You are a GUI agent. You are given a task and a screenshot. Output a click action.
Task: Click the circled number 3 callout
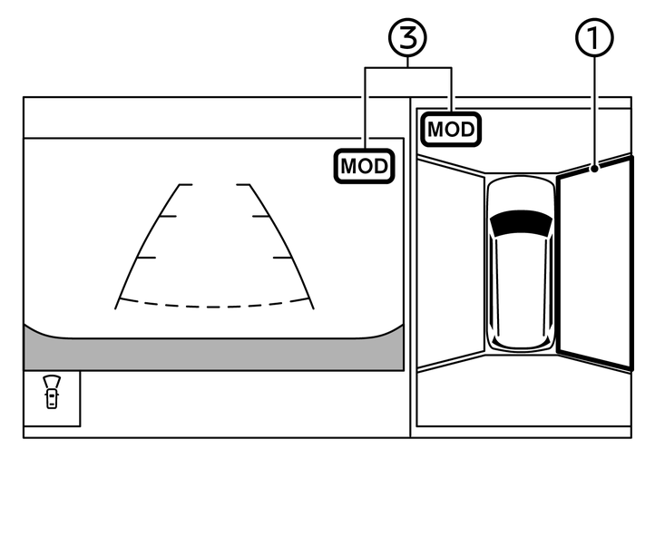tap(407, 38)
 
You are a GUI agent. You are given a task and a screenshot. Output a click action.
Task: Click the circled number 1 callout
tap(595, 38)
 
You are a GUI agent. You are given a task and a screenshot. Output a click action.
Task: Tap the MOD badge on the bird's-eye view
tap(451, 129)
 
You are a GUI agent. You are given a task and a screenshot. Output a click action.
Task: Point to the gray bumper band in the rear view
tap(213, 348)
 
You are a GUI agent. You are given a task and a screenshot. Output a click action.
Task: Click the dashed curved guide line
tap(213, 305)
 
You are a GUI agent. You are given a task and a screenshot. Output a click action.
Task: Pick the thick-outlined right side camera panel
tap(593, 263)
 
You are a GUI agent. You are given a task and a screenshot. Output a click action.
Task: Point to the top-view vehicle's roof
tap(520, 272)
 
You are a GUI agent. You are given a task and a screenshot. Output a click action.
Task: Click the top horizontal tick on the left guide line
tap(186, 185)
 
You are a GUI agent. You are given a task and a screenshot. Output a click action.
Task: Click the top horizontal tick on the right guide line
tap(242, 185)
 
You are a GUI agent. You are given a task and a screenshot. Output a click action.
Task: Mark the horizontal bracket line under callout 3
tap(407, 69)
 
